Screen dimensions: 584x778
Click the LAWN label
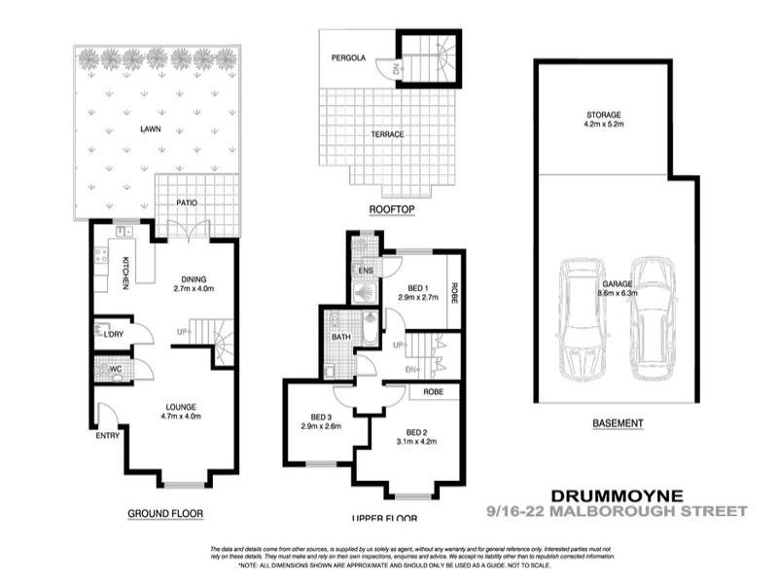(149, 128)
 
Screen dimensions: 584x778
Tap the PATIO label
(189, 202)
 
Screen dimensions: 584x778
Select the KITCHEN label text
(126, 273)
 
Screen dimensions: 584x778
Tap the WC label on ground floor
(114, 370)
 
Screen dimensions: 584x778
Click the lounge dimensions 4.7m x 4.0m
(182, 418)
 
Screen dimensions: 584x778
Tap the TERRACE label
(388, 134)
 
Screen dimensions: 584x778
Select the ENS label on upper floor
(366, 270)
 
